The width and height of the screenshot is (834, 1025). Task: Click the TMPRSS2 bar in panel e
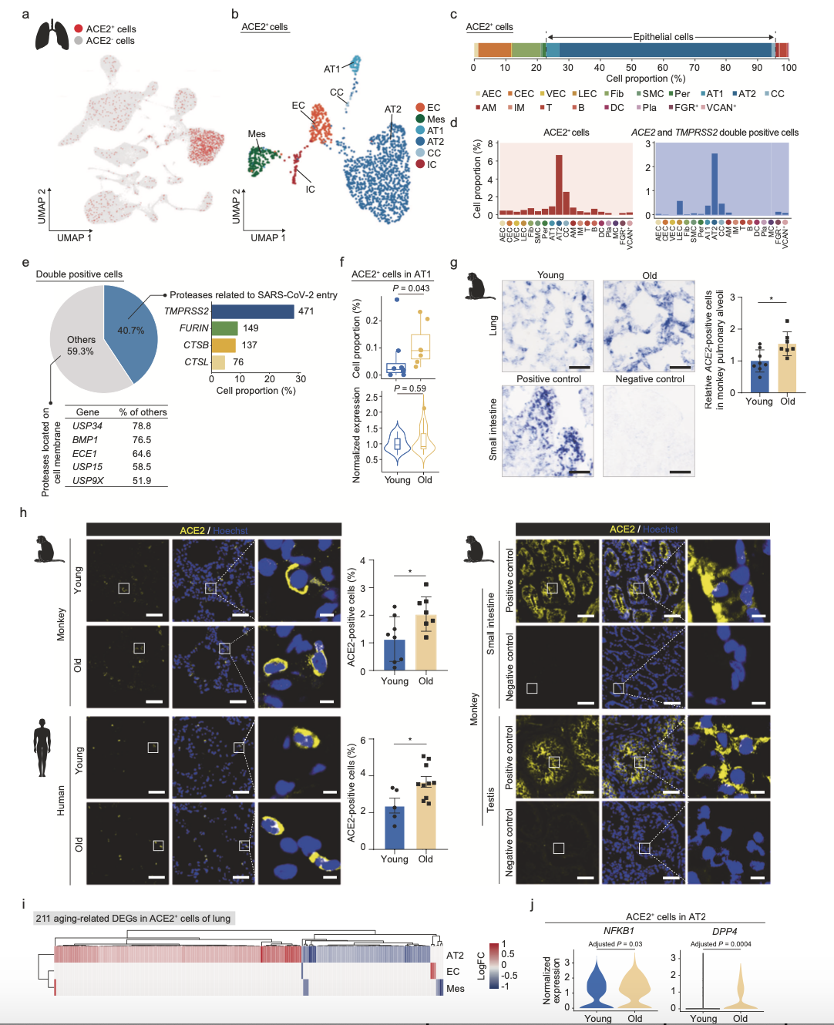pyautogui.click(x=252, y=311)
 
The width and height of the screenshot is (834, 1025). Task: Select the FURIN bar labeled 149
pyautogui.click(x=224, y=328)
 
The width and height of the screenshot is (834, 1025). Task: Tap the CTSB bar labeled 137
pyautogui.click(x=223, y=345)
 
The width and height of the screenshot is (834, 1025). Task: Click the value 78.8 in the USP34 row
pyautogui.click(x=142, y=426)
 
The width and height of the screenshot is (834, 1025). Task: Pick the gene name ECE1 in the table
pyautogui.click(x=85, y=454)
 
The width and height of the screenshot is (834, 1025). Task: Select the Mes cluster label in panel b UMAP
pyautogui.click(x=257, y=134)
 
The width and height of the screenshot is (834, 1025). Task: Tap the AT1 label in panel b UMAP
pyautogui.click(x=331, y=69)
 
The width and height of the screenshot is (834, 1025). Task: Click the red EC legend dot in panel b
pyautogui.click(x=420, y=108)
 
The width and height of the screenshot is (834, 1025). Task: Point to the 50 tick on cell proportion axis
pyautogui.click(x=631, y=67)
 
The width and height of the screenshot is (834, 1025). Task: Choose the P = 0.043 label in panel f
pyautogui.click(x=411, y=288)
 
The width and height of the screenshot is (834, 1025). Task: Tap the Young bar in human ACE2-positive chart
pyautogui.click(x=395, y=827)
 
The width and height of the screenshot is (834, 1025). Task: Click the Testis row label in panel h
pyautogui.click(x=490, y=799)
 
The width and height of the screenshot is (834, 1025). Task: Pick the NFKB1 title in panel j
pyautogui.click(x=619, y=931)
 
